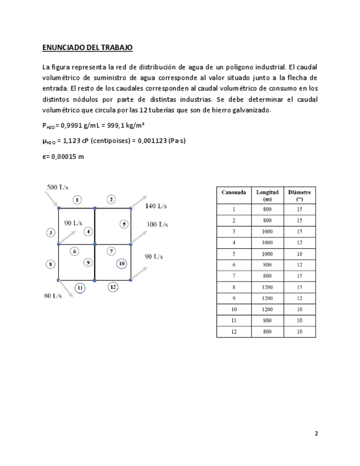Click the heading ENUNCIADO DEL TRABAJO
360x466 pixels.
(87, 48)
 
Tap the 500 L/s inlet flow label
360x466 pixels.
(57, 187)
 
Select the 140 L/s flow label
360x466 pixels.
(156, 207)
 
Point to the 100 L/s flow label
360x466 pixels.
(157, 224)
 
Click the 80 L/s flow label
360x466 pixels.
(53, 296)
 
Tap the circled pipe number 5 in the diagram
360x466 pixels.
(124, 224)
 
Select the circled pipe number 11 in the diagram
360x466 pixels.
(80, 287)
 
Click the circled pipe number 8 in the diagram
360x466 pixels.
(51, 264)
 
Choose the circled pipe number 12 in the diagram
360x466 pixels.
(113, 287)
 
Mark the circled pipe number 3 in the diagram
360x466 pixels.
(51, 232)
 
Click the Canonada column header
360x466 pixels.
(234, 192)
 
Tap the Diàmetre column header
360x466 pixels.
(300, 196)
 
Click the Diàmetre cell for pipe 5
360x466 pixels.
(300, 253)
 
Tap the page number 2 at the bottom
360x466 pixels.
(316, 434)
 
